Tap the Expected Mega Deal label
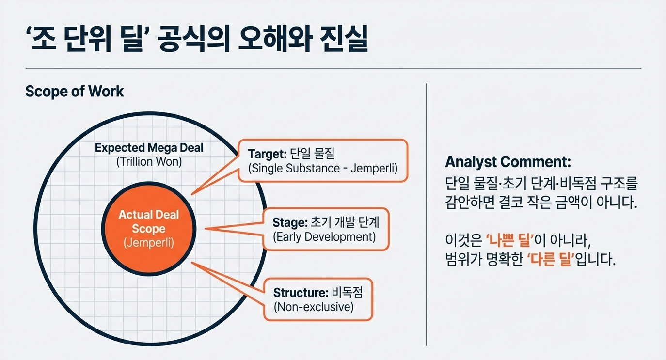(149, 148)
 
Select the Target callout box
(323, 161)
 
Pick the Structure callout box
(318, 299)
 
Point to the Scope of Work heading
(75, 91)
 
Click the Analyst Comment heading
(508, 161)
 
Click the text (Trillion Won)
(149, 162)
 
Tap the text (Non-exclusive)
(314, 307)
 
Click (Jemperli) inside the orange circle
(149, 242)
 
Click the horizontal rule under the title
(333, 68)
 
